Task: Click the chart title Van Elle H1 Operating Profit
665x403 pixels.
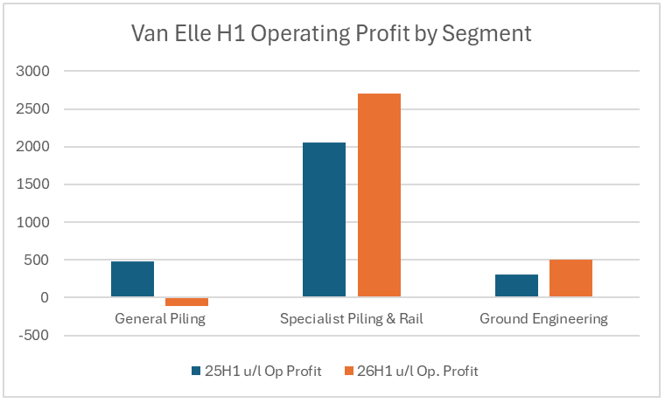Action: (331, 34)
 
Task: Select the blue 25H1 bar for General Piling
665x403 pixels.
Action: (132, 279)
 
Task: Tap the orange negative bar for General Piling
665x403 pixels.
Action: (187, 302)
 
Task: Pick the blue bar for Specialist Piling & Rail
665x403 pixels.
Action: (324, 219)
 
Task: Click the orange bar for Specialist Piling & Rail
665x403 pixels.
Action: (379, 195)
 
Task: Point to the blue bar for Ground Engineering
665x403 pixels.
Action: (516, 286)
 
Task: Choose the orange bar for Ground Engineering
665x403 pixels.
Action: (570, 279)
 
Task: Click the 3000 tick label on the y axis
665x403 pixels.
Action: (36, 71)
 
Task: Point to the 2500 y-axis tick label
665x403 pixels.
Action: (36, 109)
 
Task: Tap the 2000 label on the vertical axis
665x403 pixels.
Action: (36, 147)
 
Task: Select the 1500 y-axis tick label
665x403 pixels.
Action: (36, 184)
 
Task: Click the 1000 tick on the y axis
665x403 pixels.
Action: (36, 222)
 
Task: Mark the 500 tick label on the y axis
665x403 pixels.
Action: (39, 260)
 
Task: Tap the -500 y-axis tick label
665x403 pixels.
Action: (38, 336)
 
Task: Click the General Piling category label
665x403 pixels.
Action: (160, 319)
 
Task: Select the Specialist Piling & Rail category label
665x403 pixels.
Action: (352, 319)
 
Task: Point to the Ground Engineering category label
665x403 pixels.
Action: (543, 319)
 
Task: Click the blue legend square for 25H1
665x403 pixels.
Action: (196, 372)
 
